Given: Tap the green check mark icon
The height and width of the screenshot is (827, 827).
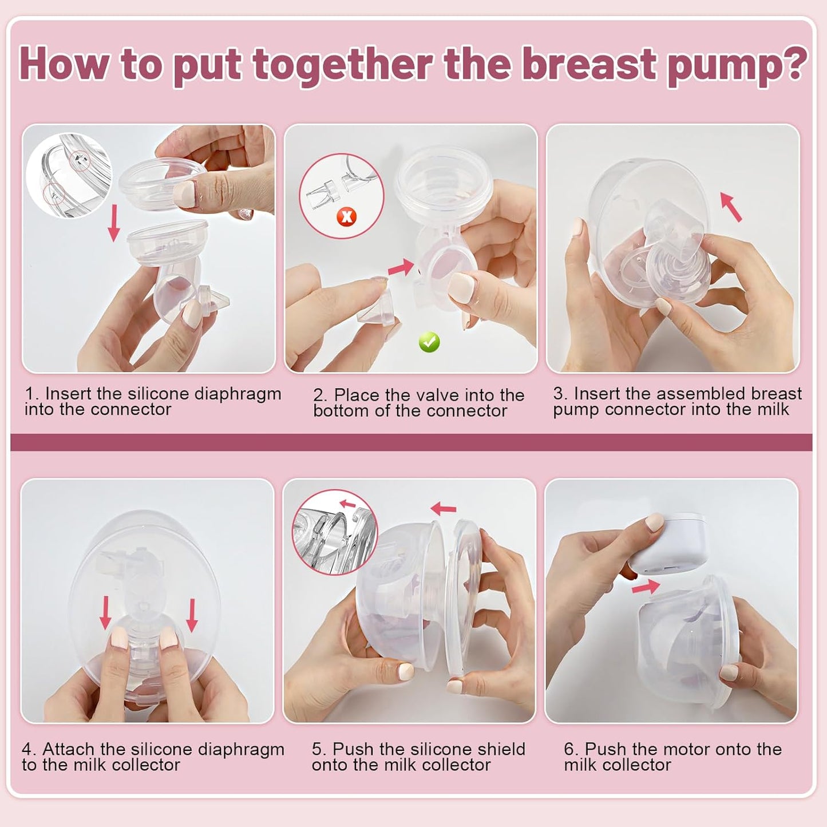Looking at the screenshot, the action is [429, 342].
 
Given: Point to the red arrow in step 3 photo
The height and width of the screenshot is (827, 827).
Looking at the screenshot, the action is [731, 207].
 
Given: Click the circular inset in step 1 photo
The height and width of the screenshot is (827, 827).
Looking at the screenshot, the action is [69, 175].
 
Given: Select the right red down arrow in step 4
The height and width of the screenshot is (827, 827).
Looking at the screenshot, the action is [192, 615].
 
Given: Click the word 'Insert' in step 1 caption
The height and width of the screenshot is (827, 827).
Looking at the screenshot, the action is [68, 394].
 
